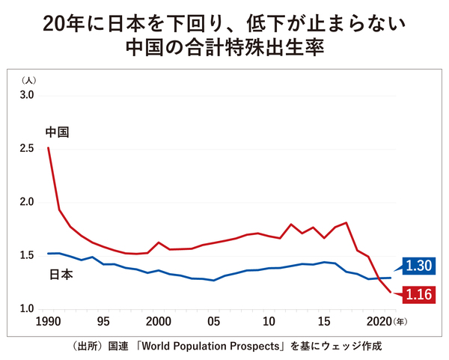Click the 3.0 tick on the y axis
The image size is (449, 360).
[27, 95]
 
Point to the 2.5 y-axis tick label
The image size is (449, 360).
[27, 149]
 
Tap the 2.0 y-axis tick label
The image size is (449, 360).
[27, 202]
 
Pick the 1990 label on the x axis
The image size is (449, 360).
[48, 323]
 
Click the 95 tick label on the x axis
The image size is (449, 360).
[104, 323]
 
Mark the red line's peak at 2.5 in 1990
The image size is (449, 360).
[49, 148]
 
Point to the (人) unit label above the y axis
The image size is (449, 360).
[28, 79]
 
